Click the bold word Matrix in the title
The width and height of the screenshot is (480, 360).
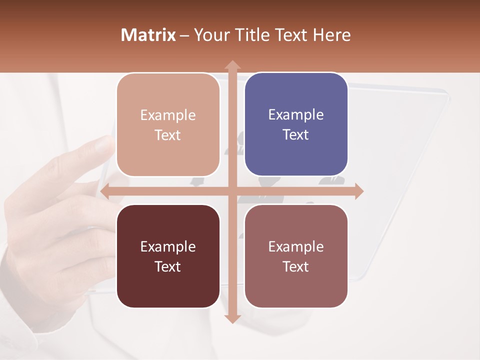pyautogui.click(x=148, y=35)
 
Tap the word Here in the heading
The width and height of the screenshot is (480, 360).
pyautogui.click(x=331, y=35)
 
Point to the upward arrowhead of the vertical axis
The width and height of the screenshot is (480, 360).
pyautogui.click(x=232, y=65)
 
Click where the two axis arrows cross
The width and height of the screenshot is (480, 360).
pyautogui.click(x=232, y=191)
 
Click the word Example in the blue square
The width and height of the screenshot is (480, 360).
pyautogui.click(x=296, y=114)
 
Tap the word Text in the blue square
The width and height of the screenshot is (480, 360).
pyautogui.click(x=296, y=134)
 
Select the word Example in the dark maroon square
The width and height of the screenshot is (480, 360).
pyautogui.click(x=168, y=246)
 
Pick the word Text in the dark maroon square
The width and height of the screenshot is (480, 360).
pyautogui.click(x=168, y=266)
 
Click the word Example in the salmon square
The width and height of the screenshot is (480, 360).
pyautogui.click(x=168, y=115)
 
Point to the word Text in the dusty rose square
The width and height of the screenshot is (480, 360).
pyautogui.click(x=296, y=266)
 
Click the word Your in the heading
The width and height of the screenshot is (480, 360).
pyautogui.click(x=208, y=35)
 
